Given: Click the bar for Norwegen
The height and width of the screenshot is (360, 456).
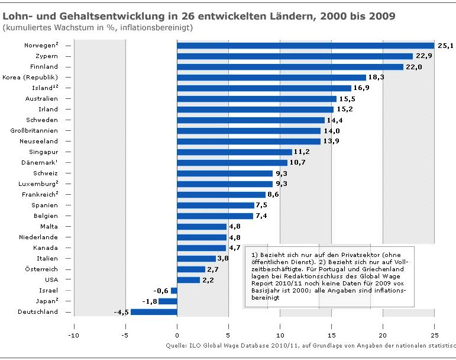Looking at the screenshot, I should (x=305, y=45).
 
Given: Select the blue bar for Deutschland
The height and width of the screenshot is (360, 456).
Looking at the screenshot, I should (x=154, y=312).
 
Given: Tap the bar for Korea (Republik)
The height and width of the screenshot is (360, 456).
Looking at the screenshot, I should (x=271, y=77).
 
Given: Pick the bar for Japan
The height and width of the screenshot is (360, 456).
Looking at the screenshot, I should (x=168, y=301).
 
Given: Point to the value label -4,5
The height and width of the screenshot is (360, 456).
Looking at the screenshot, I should (x=121, y=312).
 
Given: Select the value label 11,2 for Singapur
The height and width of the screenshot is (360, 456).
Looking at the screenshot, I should (x=302, y=152).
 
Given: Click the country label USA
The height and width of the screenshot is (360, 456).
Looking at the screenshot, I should (x=52, y=280).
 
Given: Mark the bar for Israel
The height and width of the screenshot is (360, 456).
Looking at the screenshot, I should (x=174, y=291).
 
